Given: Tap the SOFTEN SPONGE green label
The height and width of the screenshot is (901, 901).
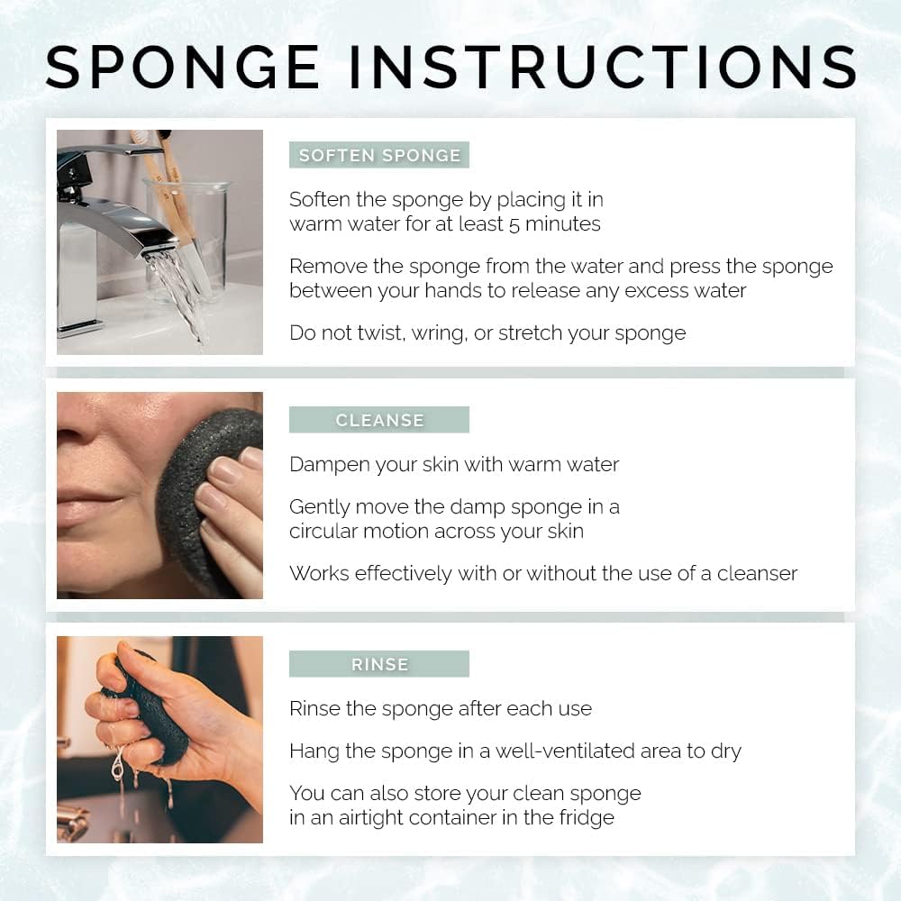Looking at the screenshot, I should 379,155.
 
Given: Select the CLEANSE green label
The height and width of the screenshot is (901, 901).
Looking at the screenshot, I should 379,420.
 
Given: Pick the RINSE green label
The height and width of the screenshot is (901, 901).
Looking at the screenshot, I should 379,664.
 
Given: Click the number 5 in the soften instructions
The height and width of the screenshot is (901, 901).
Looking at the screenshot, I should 514,224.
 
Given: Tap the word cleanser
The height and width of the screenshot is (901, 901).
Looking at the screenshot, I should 757,574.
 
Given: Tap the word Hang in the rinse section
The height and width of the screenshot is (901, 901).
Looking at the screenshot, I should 312,751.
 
